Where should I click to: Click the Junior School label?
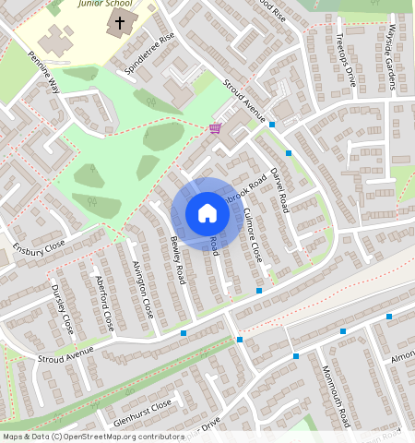click(104, 4)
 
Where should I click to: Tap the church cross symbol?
click(119, 20)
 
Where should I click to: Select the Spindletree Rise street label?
click(153, 53)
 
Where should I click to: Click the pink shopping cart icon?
click(215, 128)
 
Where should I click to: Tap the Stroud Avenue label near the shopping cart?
click(245, 102)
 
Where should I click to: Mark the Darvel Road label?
click(279, 189)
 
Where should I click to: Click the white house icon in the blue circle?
click(207, 213)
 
